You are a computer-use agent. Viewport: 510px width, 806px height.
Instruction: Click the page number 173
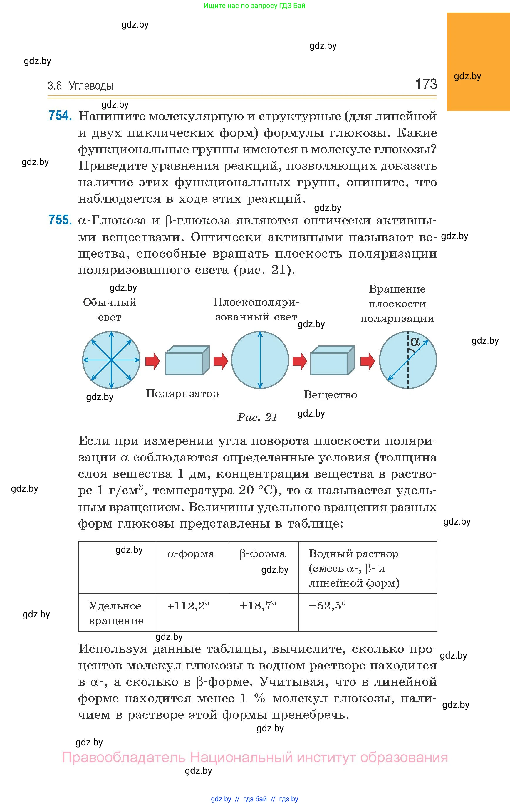[426, 84]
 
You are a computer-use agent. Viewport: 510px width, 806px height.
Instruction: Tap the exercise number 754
[60, 116]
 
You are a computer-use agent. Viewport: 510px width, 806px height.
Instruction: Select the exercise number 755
[60, 220]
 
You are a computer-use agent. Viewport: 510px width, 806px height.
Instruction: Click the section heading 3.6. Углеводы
[80, 86]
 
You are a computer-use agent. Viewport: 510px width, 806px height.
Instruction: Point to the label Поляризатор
[182, 394]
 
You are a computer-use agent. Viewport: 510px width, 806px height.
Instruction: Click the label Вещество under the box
[330, 395]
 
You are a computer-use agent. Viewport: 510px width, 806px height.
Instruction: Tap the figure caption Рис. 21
[257, 417]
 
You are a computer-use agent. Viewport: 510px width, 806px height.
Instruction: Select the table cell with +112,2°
[188, 606]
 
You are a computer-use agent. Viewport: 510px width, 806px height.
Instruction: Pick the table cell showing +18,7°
[258, 606]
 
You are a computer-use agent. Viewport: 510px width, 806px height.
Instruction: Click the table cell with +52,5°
[327, 606]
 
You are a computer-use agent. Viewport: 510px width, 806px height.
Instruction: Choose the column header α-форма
[191, 554]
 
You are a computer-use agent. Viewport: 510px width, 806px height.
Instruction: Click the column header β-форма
[262, 554]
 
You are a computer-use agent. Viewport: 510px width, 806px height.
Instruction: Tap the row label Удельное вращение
[116, 613]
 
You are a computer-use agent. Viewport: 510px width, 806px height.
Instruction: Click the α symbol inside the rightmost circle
[415, 342]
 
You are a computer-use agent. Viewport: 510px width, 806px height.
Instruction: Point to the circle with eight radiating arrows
[111, 360]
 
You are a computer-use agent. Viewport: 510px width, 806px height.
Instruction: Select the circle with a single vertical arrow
[260, 360]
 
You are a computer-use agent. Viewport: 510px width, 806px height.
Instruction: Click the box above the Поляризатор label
[187, 360]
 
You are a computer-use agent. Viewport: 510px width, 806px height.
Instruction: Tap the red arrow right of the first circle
[153, 361]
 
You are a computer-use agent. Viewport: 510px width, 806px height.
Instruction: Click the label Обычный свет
[110, 310]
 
